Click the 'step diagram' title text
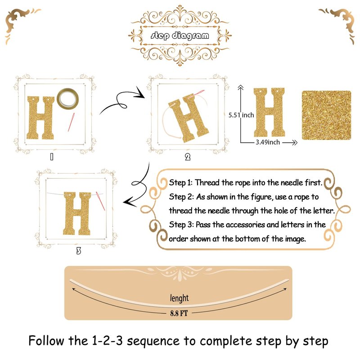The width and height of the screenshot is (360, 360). [180, 36]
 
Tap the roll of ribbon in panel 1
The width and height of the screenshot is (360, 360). [68, 99]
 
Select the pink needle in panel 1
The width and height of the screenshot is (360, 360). [71, 122]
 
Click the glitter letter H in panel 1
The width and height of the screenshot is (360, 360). [40, 118]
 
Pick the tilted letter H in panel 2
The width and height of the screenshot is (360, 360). [189, 117]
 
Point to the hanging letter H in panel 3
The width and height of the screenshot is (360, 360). [77, 213]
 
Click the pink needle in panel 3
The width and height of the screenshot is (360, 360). [100, 201]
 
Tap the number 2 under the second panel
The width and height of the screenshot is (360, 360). [188, 157]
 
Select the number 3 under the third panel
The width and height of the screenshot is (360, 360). [78, 251]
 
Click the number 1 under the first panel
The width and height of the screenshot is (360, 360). [52, 157]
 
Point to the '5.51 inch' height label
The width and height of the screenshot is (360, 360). [241, 115]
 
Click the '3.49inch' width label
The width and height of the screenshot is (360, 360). [268, 142]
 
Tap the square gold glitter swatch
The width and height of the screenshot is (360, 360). [326, 115]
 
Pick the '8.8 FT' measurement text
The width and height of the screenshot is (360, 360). [179, 313]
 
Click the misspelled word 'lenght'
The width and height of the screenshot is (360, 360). [179, 298]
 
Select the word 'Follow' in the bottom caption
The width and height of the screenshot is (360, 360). [46, 341]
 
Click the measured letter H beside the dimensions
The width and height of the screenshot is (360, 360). [269, 112]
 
